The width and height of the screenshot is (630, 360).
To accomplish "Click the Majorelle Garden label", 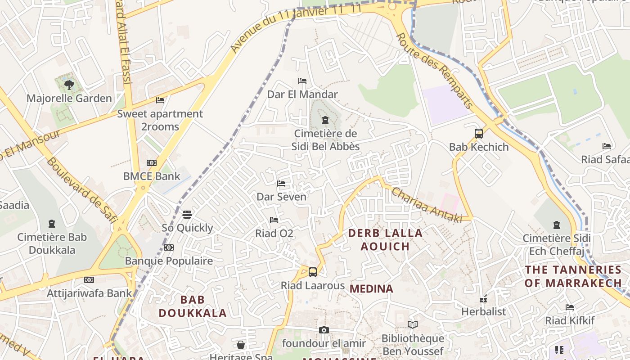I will point(69,98).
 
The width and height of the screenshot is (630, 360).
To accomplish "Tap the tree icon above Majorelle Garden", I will point(69,85).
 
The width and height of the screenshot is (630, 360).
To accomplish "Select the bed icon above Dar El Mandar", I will point(302,81).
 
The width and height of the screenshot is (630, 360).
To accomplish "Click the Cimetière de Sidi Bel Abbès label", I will point(325,140).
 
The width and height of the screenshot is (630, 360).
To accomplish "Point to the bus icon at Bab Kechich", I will point(479,134).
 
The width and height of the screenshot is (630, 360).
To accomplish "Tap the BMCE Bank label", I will point(152,176).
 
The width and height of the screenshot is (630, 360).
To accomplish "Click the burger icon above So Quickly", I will point(187,214).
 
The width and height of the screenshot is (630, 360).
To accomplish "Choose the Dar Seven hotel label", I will point(281,197).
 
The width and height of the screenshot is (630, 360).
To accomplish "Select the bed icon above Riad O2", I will point(274,220).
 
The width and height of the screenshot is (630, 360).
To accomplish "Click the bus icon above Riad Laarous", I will point(313,272).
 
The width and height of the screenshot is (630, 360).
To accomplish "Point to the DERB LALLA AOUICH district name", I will point(386,239).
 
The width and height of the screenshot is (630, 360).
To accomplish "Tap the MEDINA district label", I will point(371,289).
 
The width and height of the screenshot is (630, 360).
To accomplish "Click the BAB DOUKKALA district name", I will point(193,306).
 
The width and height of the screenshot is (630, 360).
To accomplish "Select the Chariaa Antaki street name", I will point(427,205).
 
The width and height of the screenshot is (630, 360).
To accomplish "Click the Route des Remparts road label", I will point(435,71).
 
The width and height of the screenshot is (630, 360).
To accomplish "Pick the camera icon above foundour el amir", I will point(324,330).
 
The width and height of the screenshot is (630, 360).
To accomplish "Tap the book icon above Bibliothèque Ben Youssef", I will point(413,324).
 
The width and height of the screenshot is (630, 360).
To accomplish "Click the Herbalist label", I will point(484,311).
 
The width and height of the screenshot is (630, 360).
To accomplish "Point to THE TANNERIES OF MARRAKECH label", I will point(573,276).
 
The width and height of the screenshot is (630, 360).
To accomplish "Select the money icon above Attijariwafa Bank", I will point(89,280).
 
